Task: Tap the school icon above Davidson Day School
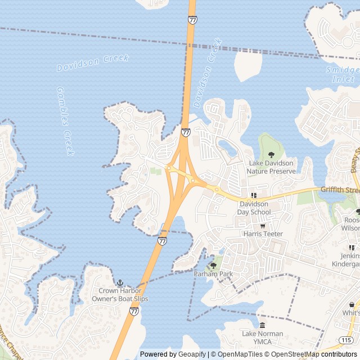tap(254, 195)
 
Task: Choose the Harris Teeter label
tap(263, 233)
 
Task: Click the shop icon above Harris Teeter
tap(263, 226)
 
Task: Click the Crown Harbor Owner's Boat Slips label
tap(120, 295)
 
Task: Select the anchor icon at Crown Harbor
tap(120, 282)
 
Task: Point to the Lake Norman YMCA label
tap(262, 337)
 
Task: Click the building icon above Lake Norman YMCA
tap(262, 326)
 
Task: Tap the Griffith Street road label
tap(339, 191)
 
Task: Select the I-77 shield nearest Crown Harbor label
tap(134, 310)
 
